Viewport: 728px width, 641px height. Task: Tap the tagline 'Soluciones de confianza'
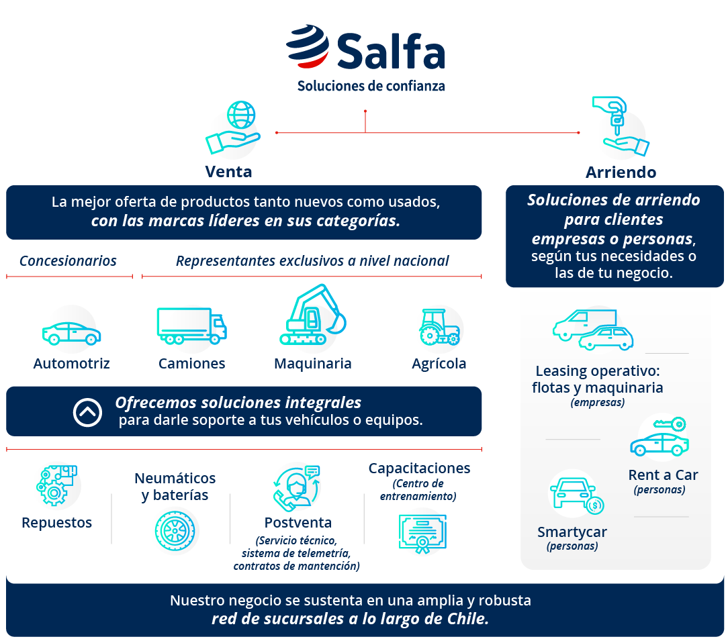371,86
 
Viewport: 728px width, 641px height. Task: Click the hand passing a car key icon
619,126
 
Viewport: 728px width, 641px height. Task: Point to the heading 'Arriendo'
621,172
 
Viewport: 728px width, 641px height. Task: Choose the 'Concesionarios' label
68,260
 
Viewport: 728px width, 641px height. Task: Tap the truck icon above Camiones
191,326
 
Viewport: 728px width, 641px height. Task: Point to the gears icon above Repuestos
57,485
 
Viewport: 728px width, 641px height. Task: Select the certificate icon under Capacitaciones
422,534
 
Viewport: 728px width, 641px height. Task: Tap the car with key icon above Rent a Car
659,438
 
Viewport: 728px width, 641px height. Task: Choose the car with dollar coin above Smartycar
576,496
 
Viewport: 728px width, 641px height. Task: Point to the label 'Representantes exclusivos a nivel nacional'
312,260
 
